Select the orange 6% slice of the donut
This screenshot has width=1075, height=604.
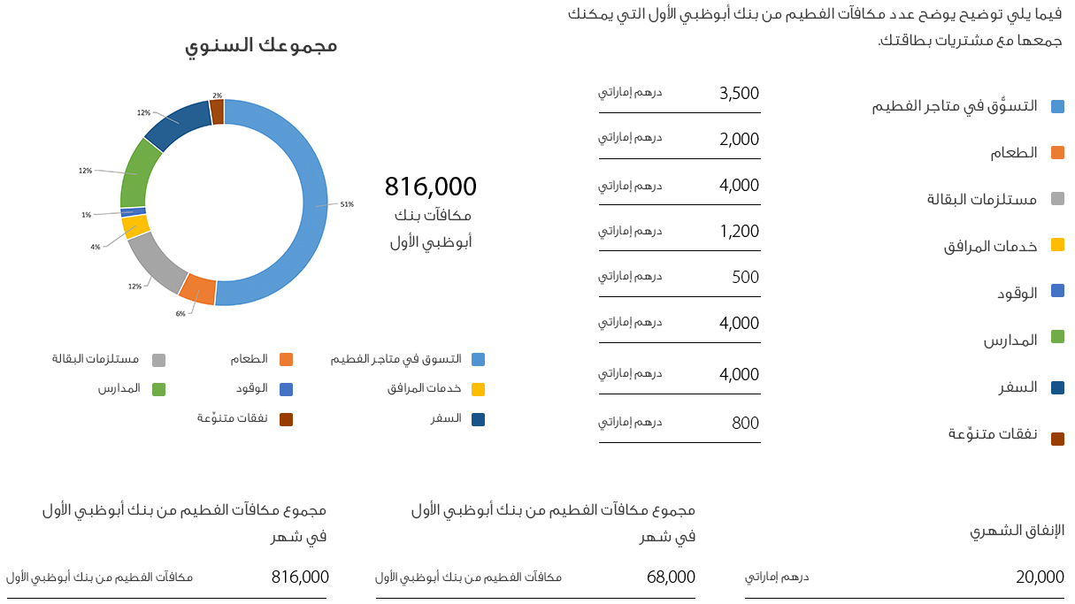pos(198,288)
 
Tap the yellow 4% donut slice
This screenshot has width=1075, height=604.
pos(135,226)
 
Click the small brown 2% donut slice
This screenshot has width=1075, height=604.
pos(217,111)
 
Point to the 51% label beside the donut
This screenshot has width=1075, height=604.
pos(347,204)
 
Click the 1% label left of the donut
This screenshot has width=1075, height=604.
pos(86,215)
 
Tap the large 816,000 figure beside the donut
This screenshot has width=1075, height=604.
pos(430,187)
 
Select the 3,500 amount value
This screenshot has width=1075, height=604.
pos(739,94)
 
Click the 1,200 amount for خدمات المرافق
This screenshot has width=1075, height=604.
pos(739,232)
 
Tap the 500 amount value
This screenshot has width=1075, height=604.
pos(745,278)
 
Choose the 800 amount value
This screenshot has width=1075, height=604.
pos(745,424)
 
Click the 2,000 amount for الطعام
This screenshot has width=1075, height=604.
pos(739,140)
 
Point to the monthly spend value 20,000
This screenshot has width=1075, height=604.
pos(1040,577)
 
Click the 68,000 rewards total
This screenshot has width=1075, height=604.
pos(671,577)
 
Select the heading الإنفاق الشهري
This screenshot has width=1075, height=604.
pos(1017,531)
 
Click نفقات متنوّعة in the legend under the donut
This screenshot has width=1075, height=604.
pos(233,418)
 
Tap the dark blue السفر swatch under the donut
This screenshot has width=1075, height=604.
pos(478,419)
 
